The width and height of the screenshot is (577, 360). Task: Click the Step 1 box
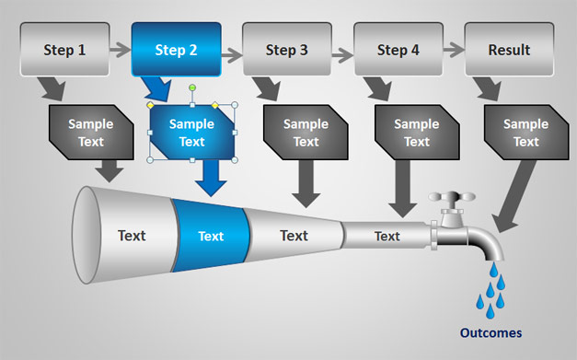[x=64, y=50]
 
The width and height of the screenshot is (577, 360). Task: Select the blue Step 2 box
[x=177, y=50]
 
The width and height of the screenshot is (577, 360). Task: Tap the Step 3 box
[x=287, y=50]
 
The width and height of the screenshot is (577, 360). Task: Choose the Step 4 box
[x=398, y=50]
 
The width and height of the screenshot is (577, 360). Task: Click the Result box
[x=509, y=50]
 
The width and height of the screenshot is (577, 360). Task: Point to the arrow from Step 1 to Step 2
[x=121, y=50]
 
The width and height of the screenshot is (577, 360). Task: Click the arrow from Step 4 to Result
[x=454, y=50]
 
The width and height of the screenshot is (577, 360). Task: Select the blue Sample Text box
[x=192, y=133]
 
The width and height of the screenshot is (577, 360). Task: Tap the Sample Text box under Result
[x=526, y=133]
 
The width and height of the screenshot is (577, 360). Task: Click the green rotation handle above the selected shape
[x=192, y=87]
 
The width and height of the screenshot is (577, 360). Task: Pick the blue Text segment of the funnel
[x=212, y=236]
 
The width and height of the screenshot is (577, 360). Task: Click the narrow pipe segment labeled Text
[x=387, y=236]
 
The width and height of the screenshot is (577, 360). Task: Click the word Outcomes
[x=490, y=332]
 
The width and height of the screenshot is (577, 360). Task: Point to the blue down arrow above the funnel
[x=211, y=179]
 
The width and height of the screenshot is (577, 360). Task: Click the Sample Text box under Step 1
[x=91, y=133]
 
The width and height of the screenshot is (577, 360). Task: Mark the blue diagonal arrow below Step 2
[x=157, y=89]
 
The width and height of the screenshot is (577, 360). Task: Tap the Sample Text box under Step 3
[x=306, y=133]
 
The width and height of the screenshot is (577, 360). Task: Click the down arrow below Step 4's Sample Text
[x=402, y=189]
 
